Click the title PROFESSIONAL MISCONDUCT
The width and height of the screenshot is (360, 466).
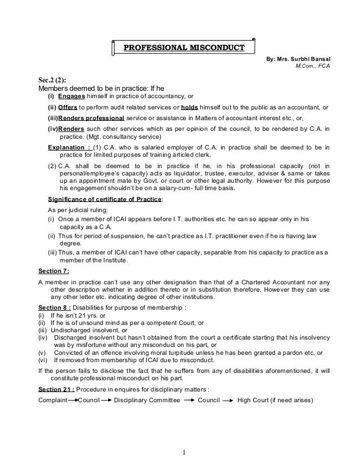(x=184, y=47)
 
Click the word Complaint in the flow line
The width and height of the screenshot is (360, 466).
(x=52, y=401)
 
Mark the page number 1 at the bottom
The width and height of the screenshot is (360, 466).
(x=183, y=451)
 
